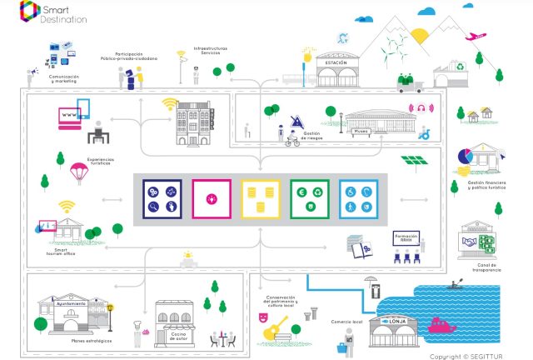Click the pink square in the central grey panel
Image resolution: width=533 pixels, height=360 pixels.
212,199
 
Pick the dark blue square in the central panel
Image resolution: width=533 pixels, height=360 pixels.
162,199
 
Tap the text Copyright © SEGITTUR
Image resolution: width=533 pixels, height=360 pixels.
468,356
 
